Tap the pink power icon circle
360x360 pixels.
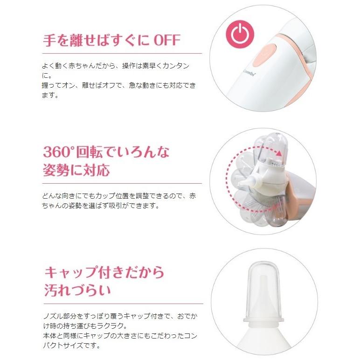click(x=239, y=34)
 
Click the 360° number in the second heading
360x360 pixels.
click(x=60, y=152)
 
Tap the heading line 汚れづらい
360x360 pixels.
click(x=77, y=290)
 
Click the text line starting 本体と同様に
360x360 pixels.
click(x=119, y=336)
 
